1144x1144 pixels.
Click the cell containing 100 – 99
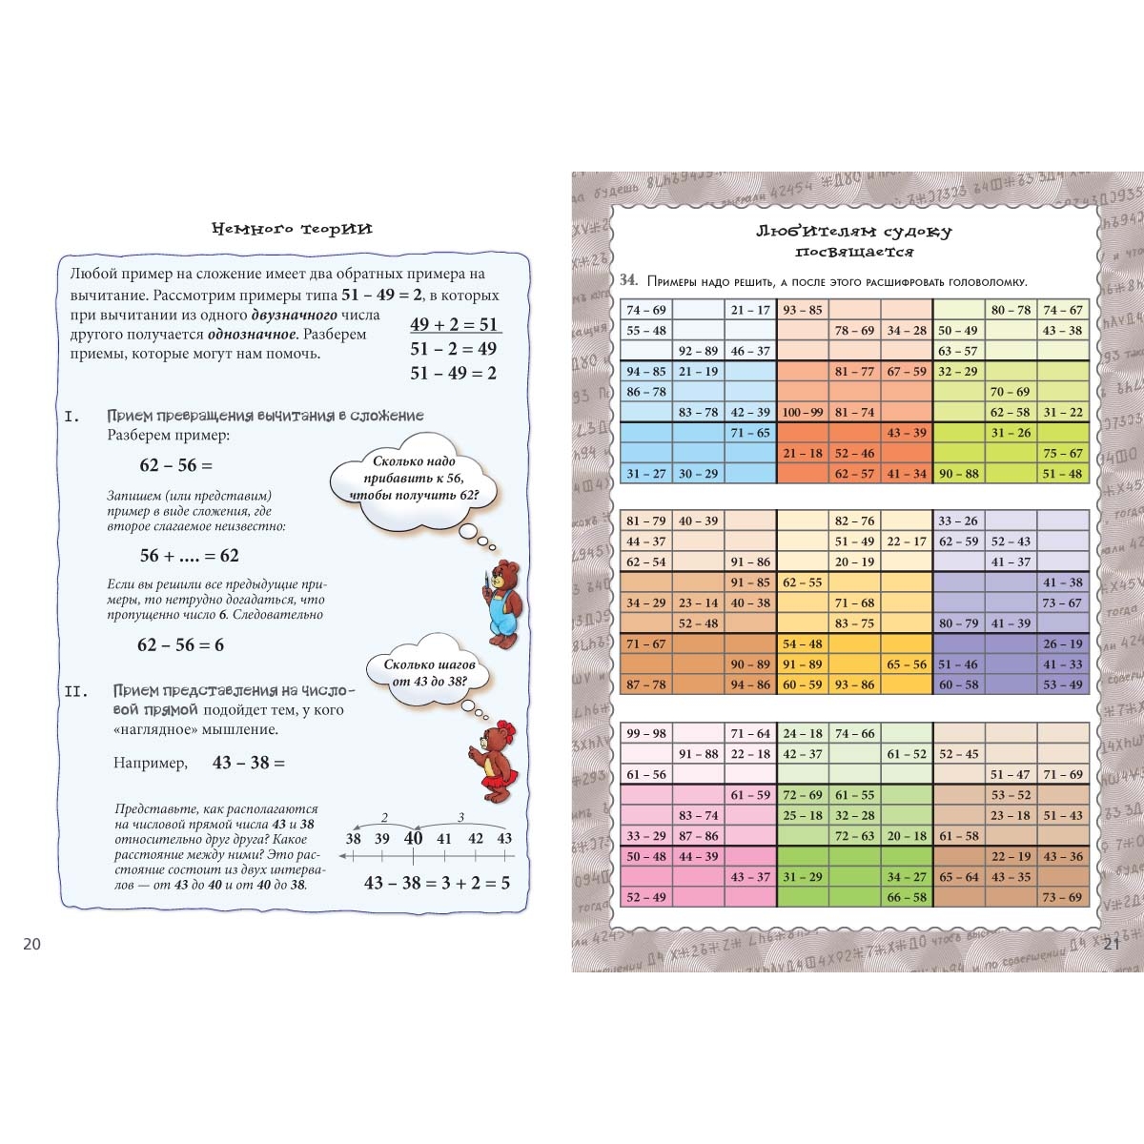click(803, 412)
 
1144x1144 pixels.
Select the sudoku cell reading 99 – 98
click(646, 733)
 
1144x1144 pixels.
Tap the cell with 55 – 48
click(646, 330)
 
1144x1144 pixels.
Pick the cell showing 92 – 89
click(698, 351)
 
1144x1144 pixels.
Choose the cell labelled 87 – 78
click(646, 684)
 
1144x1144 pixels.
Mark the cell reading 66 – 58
click(907, 897)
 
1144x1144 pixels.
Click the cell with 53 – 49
click(1062, 684)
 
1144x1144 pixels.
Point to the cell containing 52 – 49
click(646, 897)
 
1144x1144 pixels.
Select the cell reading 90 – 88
click(958, 474)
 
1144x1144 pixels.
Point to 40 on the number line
click(413, 839)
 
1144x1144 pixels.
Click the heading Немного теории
click(292, 229)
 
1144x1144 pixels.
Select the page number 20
click(32, 944)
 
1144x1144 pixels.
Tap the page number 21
click(1112, 944)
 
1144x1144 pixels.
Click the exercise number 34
click(628, 280)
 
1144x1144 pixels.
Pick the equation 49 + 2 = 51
click(454, 324)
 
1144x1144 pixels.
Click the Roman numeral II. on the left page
click(76, 691)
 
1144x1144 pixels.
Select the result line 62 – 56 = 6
click(180, 645)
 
